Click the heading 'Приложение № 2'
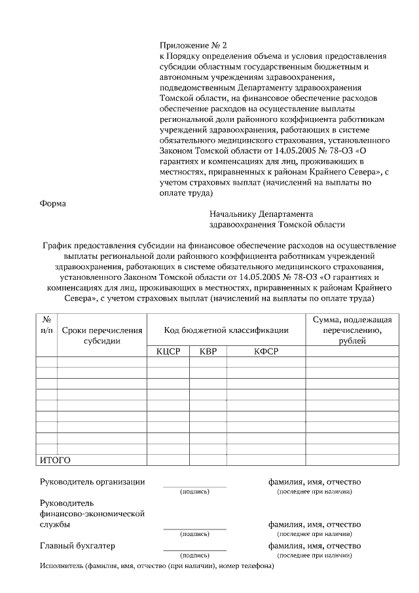193,45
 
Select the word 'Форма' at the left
53,203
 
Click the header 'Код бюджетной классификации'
226,330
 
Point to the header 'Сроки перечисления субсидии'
101,335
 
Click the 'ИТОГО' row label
55,460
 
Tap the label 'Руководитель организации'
93,482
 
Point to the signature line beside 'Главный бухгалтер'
194,550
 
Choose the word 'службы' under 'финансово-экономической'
56,525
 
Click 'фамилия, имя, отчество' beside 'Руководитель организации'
314,482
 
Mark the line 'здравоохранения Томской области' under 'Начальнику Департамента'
277,224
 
